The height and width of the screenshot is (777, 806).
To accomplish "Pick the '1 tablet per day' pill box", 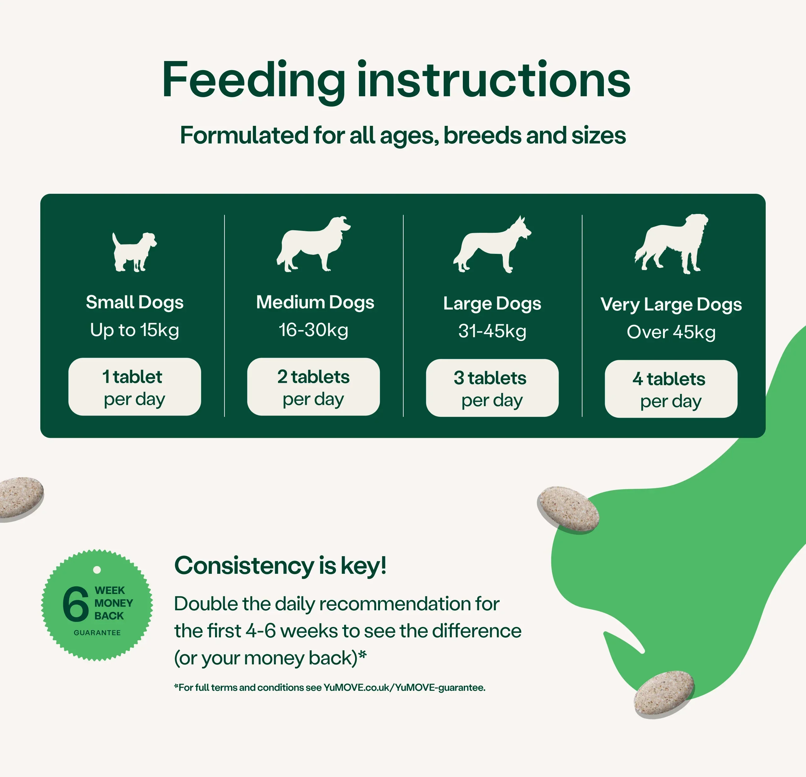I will click(134, 387).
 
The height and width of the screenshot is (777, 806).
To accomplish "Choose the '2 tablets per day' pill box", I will click(313, 387).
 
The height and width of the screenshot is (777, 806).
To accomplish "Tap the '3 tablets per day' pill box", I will click(492, 388).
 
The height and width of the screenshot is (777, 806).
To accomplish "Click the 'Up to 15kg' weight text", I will click(134, 330).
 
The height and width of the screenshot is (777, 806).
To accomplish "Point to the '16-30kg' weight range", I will click(313, 330).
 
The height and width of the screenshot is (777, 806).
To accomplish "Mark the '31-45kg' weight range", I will click(492, 331).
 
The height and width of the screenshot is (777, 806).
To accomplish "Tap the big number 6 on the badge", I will click(76, 604).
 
